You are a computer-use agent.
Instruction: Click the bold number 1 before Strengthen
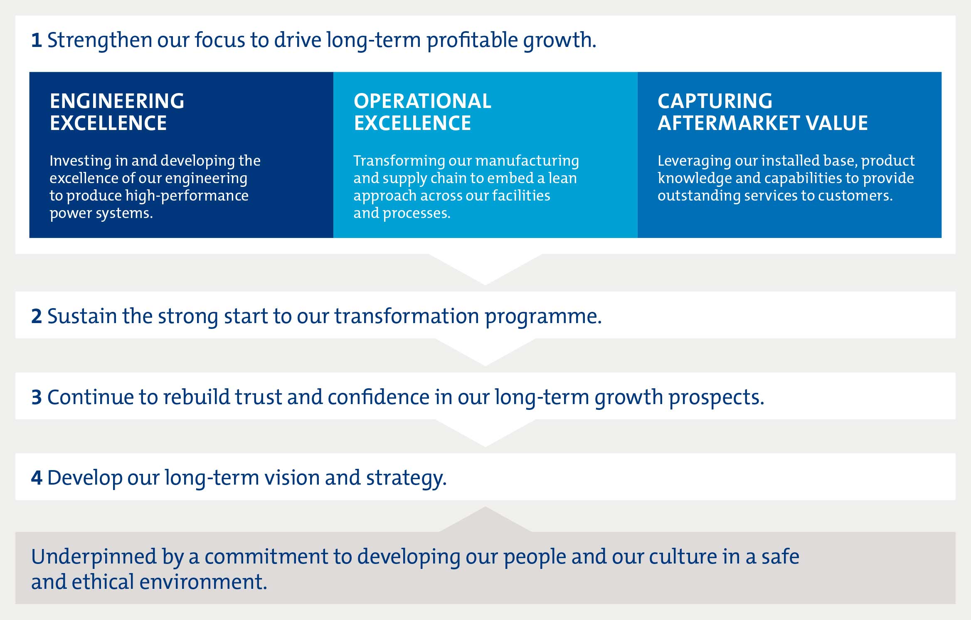pyautogui.click(x=37, y=41)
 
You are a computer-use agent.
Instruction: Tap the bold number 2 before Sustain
pyautogui.click(x=37, y=316)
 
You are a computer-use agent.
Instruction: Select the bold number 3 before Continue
pyautogui.click(x=37, y=397)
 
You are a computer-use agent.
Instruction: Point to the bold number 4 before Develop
pyautogui.click(x=37, y=478)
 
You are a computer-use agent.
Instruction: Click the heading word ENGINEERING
pyautogui.click(x=117, y=101)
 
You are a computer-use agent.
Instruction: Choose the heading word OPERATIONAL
pyautogui.click(x=422, y=101)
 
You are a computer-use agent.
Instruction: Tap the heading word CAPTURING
pyautogui.click(x=715, y=101)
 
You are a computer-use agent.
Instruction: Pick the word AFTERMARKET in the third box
pyautogui.click(x=728, y=123)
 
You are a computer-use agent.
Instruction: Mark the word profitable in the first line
pyautogui.click(x=472, y=41)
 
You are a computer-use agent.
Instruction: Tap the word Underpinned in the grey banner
pyautogui.click(x=94, y=557)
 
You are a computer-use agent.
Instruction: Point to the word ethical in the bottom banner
pyautogui.click(x=103, y=582)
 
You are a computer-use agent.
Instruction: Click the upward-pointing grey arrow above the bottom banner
pyautogui.click(x=485, y=520)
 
